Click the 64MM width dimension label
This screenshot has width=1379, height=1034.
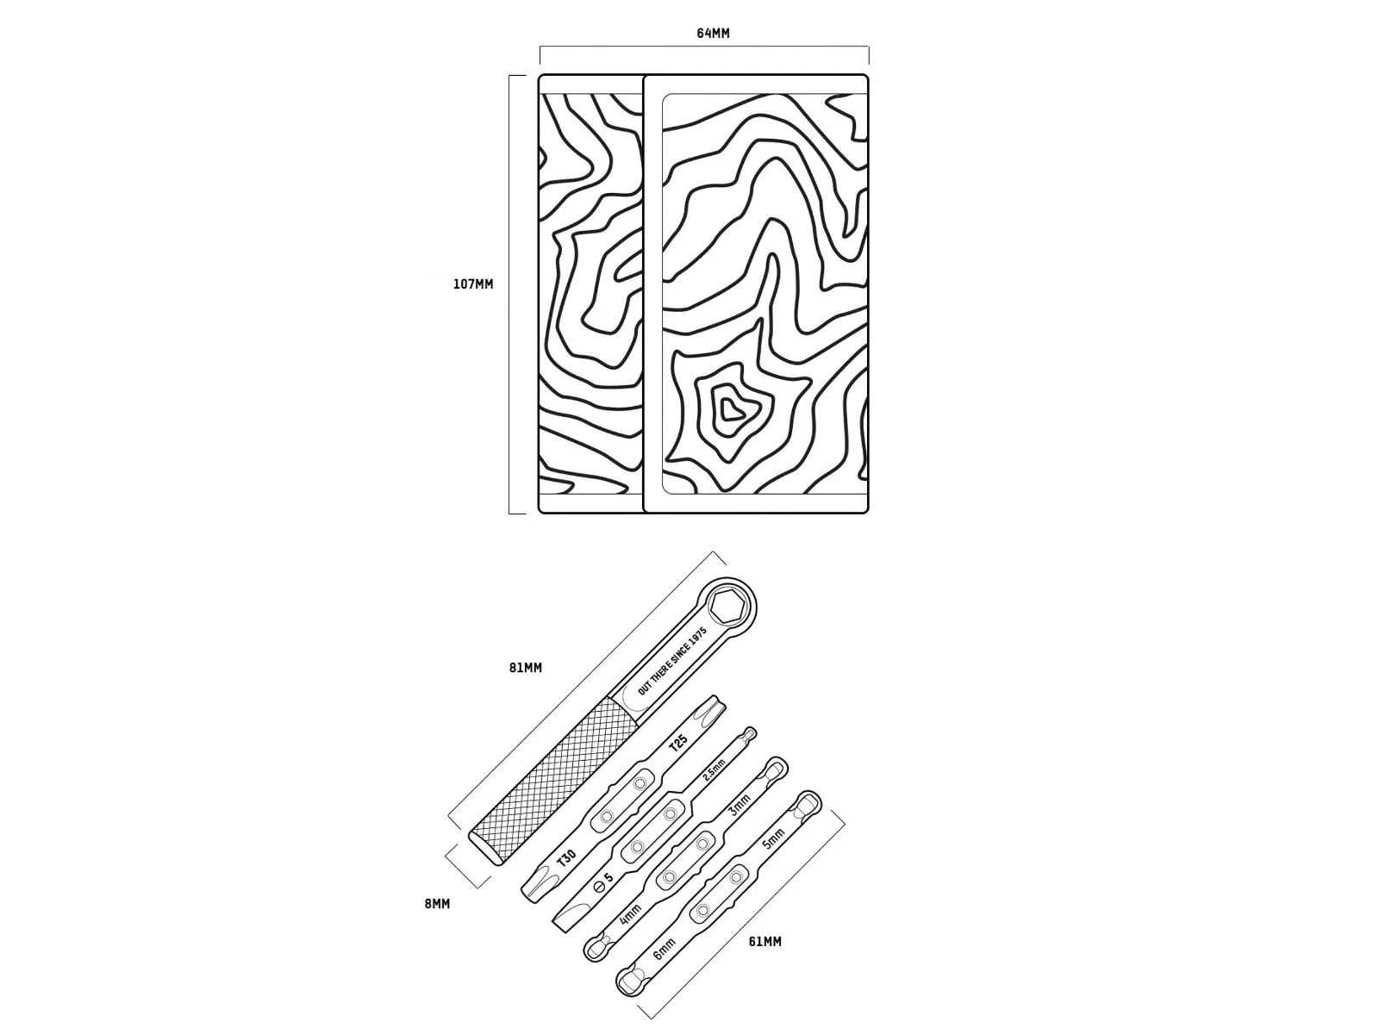pyautogui.click(x=713, y=34)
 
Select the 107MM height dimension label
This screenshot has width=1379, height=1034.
pyautogui.click(x=473, y=284)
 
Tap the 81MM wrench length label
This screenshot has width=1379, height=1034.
pyautogui.click(x=525, y=668)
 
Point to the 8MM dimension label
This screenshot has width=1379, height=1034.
pyautogui.click(x=437, y=904)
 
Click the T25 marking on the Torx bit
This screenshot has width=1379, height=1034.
pyautogui.click(x=678, y=744)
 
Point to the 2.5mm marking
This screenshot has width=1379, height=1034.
pyautogui.click(x=714, y=769)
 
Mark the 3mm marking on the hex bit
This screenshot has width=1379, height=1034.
pyautogui.click(x=739, y=805)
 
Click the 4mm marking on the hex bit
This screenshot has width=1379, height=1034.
pyautogui.click(x=630, y=915)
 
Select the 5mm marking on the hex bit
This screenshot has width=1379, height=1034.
pyautogui.click(x=773, y=838)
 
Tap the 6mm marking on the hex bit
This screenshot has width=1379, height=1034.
pyautogui.click(x=664, y=949)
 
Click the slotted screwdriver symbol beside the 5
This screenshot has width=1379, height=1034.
pyautogui.click(x=598, y=886)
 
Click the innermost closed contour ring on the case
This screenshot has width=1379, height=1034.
pyautogui.click(x=729, y=410)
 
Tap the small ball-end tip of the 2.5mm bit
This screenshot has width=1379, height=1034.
pyautogui.click(x=750, y=732)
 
